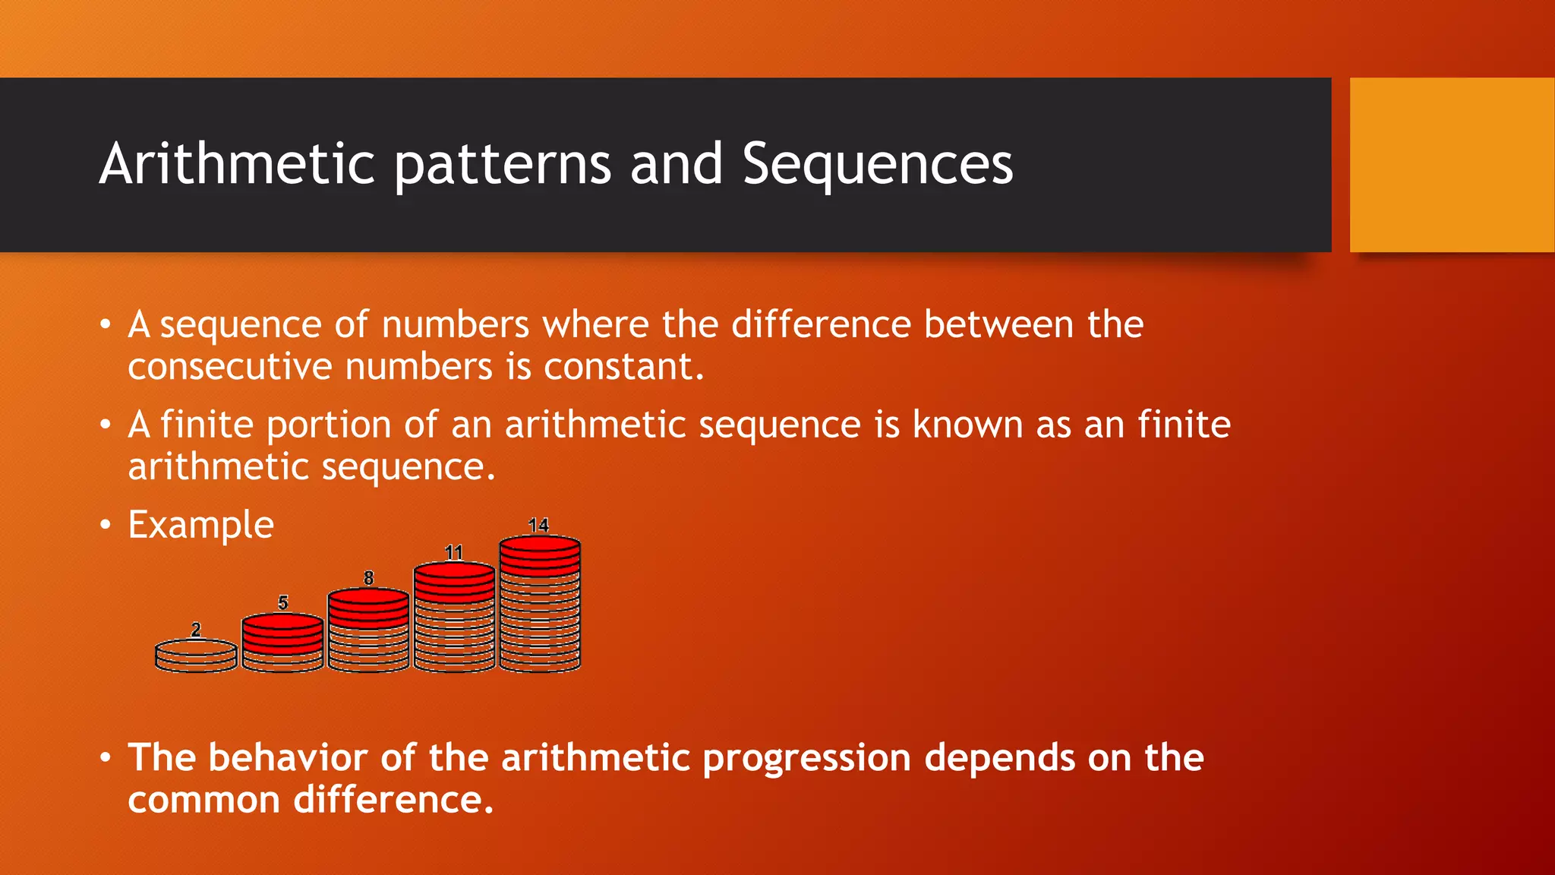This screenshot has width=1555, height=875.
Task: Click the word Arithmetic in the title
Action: click(x=237, y=163)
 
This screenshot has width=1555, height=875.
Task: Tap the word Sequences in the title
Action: click(x=877, y=165)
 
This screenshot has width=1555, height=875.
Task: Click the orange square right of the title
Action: click(x=1452, y=165)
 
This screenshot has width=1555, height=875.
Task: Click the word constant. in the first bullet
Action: click(x=623, y=367)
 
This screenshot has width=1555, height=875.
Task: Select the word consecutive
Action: click(x=230, y=367)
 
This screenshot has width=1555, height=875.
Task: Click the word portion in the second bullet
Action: click(x=328, y=425)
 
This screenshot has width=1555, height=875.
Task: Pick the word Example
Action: click(x=200, y=525)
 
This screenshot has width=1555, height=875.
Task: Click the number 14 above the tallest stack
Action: click(x=538, y=525)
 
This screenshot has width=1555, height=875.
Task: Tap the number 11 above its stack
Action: click(x=453, y=551)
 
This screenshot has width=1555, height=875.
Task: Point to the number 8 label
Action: click(x=368, y=578)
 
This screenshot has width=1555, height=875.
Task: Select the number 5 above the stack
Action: click(x=282, y=603)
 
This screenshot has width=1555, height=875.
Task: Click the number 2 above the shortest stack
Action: click(x=196, y=630)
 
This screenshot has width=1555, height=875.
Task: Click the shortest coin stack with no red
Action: click(x=196, y=657)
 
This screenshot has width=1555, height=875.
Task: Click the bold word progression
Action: click(x=806, y=759)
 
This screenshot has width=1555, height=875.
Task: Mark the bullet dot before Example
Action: click(x=106, y=525)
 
